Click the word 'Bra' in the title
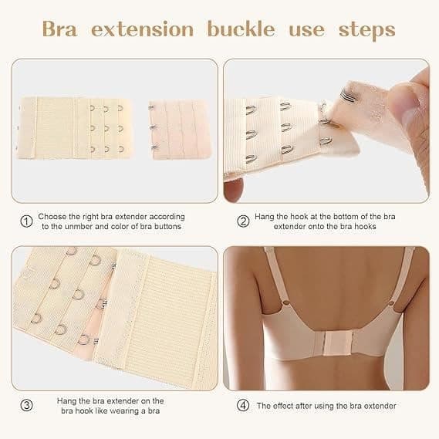[59, 29]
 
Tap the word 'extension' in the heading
[143, 29]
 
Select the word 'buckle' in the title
[241, 29]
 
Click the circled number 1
[26, 221]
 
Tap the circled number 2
[243, 221]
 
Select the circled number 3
[26, 405]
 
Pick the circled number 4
[243, 405]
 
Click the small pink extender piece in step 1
[180, 130]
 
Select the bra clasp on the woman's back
[338, 344]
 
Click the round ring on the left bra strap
[286, 302]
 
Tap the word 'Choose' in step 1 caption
[52, 217]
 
